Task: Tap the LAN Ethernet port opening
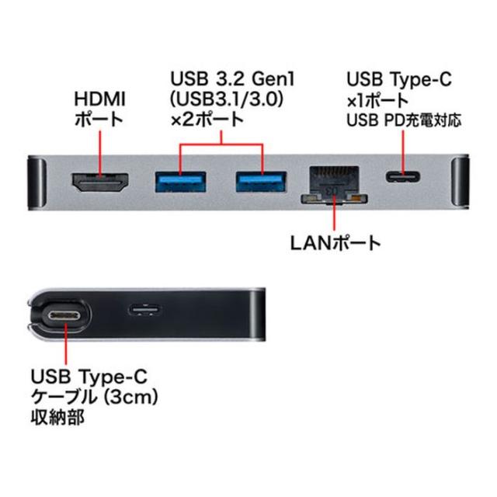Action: [332, 184]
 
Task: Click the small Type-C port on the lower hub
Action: [145, 311]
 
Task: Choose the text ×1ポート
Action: [377, 100]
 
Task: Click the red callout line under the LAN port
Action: [335, 215]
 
